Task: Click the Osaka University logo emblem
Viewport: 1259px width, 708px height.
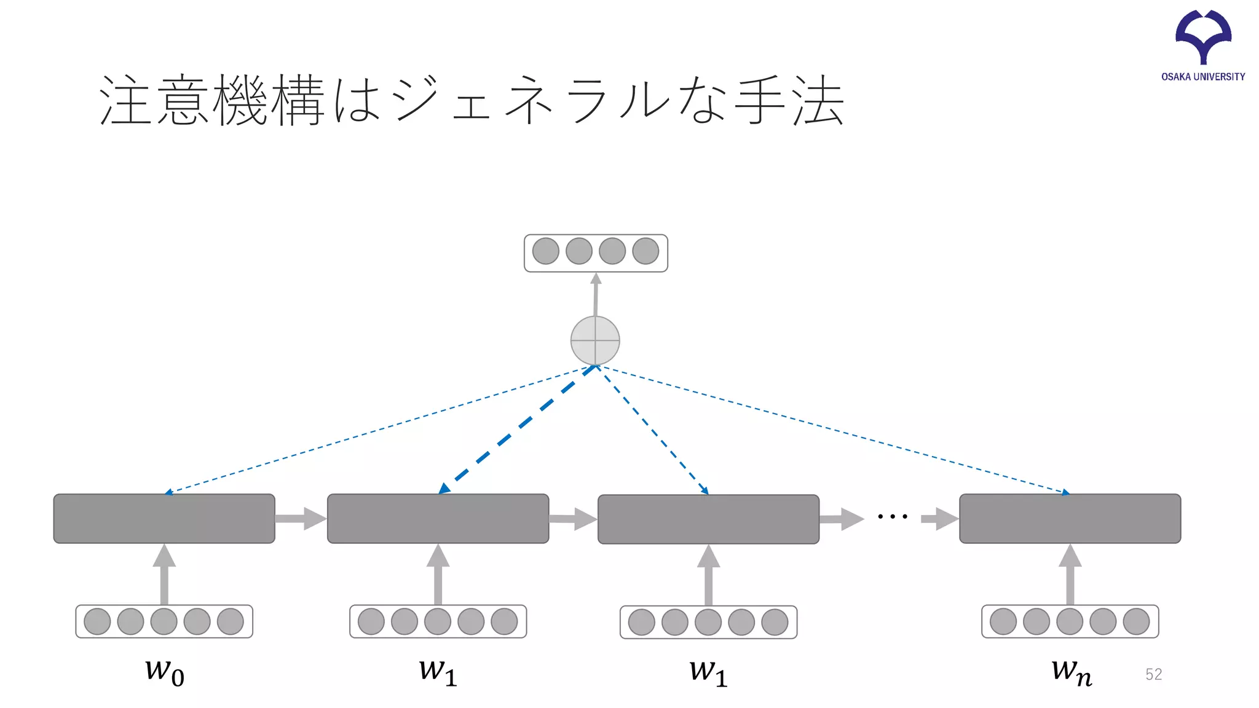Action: click(x=1203, y=36)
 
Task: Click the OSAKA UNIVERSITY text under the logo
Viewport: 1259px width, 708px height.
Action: click(x=1203, y=77)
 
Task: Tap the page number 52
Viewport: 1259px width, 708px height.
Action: click(x=1153, y=674)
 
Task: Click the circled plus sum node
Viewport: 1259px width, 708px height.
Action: click(x=595, y=340)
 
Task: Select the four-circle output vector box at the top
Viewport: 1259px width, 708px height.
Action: click(x=596, y=253)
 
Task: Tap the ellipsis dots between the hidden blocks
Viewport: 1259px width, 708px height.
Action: click(x=893, y=516)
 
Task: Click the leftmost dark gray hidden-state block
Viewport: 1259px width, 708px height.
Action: click(x=164, y=518)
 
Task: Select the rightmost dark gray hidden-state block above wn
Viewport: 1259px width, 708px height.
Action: click(x=1070, y=518)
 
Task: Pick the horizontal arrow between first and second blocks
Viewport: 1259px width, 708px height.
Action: click(x=301, y=518)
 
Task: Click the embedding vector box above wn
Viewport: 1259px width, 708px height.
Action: click(x=1070, y=621)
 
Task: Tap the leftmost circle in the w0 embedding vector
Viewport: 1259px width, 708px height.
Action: click(x=97, y=621)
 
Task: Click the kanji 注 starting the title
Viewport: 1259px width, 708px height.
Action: click(x=125, y=100)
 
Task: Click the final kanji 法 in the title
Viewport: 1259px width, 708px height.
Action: click(x=818, y=100)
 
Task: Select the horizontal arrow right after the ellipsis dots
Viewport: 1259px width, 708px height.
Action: click(x=939, y=518)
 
